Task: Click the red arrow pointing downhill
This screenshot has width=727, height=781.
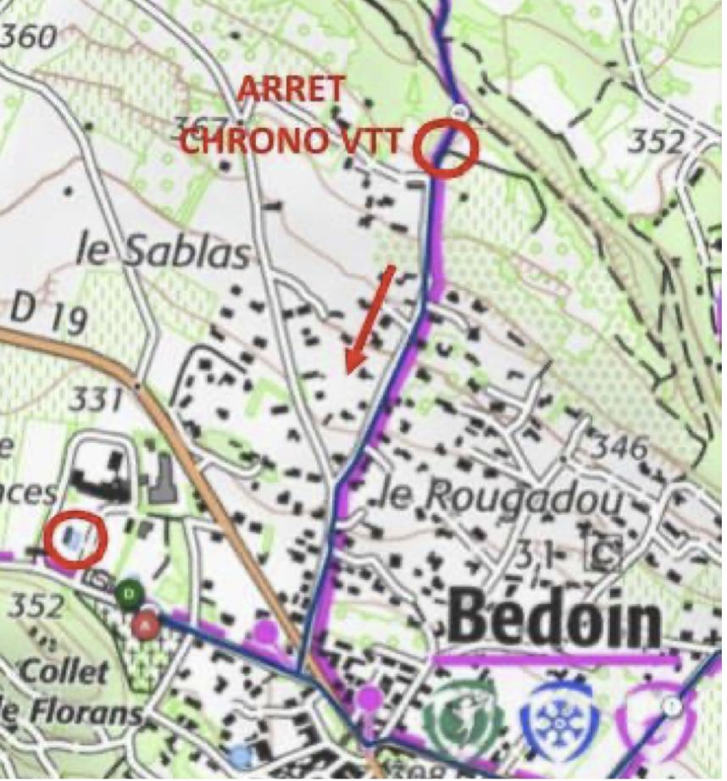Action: click(370, 318)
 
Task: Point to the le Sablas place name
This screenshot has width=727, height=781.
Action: click(164, 252)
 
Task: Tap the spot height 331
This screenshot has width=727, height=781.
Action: click(94, 398)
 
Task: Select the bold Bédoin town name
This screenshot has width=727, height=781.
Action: click(556, 620)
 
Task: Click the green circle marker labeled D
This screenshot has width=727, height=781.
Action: click(129, 593)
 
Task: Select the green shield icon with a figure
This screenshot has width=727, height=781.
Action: click(463, 720)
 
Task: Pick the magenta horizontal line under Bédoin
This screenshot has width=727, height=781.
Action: click(556, 658)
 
